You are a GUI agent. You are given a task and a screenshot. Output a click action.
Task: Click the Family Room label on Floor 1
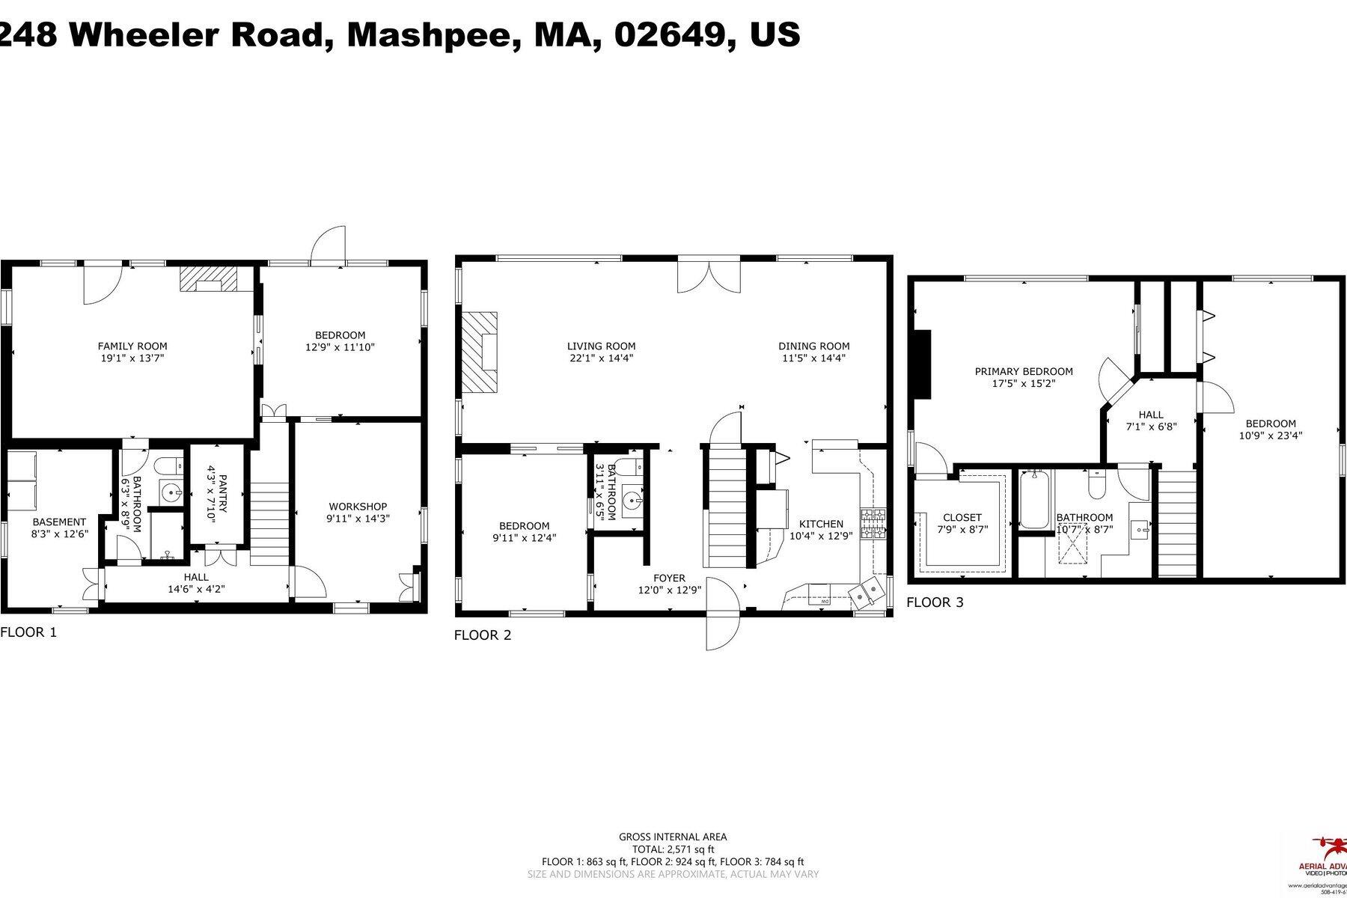(132, 346)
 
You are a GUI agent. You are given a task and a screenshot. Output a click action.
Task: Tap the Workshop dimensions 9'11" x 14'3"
(357, 518)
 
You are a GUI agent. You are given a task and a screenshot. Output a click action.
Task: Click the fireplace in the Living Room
(480, 351)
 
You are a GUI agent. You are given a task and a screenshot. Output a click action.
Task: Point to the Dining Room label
(813, 346)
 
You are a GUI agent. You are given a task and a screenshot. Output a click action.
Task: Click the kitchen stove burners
(873, 523)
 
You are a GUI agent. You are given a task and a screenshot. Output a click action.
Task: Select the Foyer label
(668, 578)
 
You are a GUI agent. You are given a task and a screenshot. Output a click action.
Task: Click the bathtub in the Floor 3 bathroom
(1035, 499)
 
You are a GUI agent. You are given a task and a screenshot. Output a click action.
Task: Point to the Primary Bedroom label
(1023, 371)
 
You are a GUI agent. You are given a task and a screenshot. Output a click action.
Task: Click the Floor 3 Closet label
(962, 517)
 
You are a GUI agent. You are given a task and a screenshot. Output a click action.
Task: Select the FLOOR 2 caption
(483, 635)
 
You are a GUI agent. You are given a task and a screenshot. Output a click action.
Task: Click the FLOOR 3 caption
(935, 602)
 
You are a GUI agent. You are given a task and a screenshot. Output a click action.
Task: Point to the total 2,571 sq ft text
(673, 849)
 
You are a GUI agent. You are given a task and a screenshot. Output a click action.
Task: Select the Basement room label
(59, 522)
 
